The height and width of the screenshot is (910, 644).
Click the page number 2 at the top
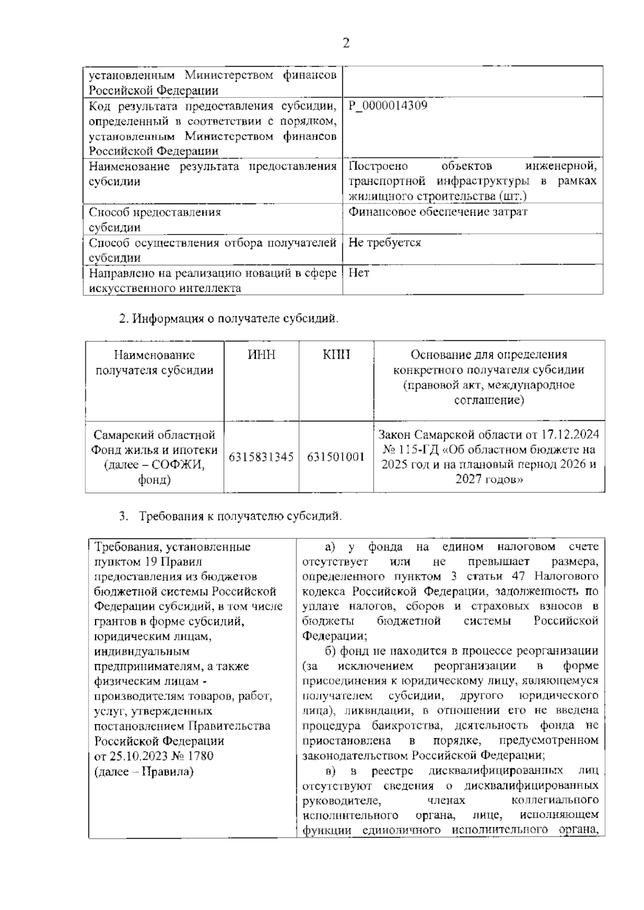pyautogui.click(x=346, y=43)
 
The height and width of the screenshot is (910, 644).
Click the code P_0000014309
pyautogui.click(x=388, y=106)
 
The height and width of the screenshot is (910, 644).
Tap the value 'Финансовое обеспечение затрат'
pyautogui.click(x=438, y=212)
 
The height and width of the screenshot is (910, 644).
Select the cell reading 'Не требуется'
pyautogui.click(x=384, y=243)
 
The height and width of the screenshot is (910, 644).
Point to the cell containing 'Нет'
pyautogui.click(x=359, y=273)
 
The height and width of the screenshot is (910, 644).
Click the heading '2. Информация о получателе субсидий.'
pyautogui.click(x=229, y=319)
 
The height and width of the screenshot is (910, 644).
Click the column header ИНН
pyautogui.click(x=261, y=355)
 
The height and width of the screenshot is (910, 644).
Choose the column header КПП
pyautogui.click(x=336, y=355)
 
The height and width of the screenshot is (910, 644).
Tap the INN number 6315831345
pyautogui.click(x=261, y=457)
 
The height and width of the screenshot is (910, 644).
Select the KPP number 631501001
pyautogui.click(x=336, y=457)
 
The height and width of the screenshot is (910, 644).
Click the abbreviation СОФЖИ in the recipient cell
pyautogui.click(x=178, y=465)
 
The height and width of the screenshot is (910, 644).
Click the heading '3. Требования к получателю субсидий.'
pyautogui.click(x=230, y=516)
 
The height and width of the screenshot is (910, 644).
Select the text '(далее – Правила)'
pyautogui.click(x=144, y=771)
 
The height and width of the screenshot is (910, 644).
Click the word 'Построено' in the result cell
pyautogui.click(x=378, y=166)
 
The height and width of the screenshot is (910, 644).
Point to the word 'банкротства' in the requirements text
pyautogui.click(x=407, y=726)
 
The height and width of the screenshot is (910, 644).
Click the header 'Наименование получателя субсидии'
pyautogui.click(x=155, y=362)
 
